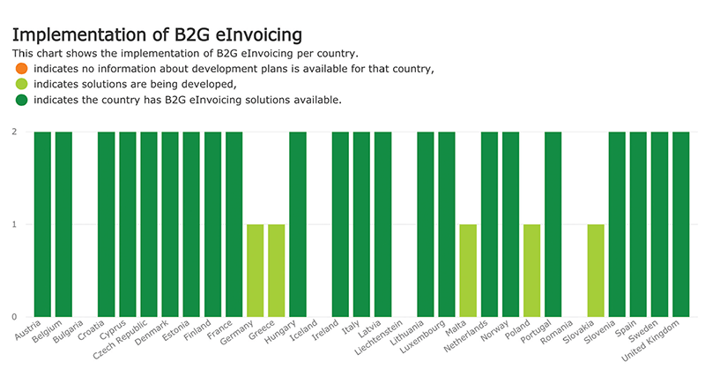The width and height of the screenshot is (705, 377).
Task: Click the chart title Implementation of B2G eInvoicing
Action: click(157, 34)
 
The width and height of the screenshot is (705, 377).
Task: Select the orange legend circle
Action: click(21, 68)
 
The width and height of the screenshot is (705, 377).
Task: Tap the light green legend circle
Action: click(21, 84)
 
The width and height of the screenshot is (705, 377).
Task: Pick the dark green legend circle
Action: click(21, 100)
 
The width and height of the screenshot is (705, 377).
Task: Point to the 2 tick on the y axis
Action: click(15, 132)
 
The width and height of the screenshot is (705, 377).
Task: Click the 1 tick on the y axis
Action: click(15, 224)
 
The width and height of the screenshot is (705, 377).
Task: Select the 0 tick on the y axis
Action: click(15, 316)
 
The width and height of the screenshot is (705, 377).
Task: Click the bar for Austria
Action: click(42, 224)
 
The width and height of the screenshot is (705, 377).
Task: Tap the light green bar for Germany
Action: click(255, 270)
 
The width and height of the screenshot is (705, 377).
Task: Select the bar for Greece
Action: click(276, 270)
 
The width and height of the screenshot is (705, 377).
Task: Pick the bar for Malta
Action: click(468, 270)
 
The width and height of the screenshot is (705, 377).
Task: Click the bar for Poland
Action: click(531, 270)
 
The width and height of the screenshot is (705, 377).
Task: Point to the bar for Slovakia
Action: click(596, 270)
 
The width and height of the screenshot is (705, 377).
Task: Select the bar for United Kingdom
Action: click(680, 224)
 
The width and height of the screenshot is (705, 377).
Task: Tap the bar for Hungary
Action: click(298, 224)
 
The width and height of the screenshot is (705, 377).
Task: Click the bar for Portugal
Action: click(553, 224)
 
